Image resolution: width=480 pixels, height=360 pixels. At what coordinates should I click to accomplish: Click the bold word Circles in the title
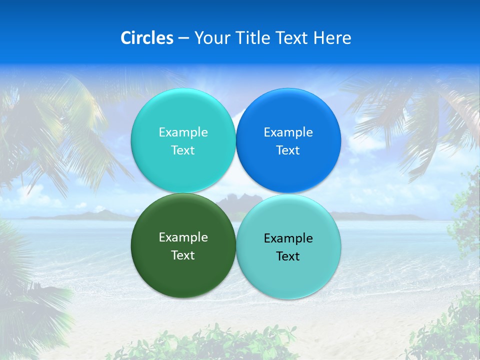pos(146,38)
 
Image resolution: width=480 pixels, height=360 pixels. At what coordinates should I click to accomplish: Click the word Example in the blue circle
pos(288,132)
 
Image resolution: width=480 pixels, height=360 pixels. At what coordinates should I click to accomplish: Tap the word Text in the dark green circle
pos(183,255)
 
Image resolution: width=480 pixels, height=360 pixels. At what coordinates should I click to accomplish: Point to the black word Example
pos(288,238)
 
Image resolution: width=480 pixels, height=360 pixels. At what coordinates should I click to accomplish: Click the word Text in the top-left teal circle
pos(183,150)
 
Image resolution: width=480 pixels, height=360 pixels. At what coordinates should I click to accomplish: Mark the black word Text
pos(288,256)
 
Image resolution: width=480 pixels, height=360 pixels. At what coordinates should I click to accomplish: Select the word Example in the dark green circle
pos(183,237)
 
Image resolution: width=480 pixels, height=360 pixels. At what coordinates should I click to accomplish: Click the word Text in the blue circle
pos(288,150)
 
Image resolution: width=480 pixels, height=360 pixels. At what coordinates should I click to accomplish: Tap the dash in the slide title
pos(183,38)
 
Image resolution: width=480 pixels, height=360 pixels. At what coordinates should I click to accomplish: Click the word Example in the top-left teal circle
pos(183,132)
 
